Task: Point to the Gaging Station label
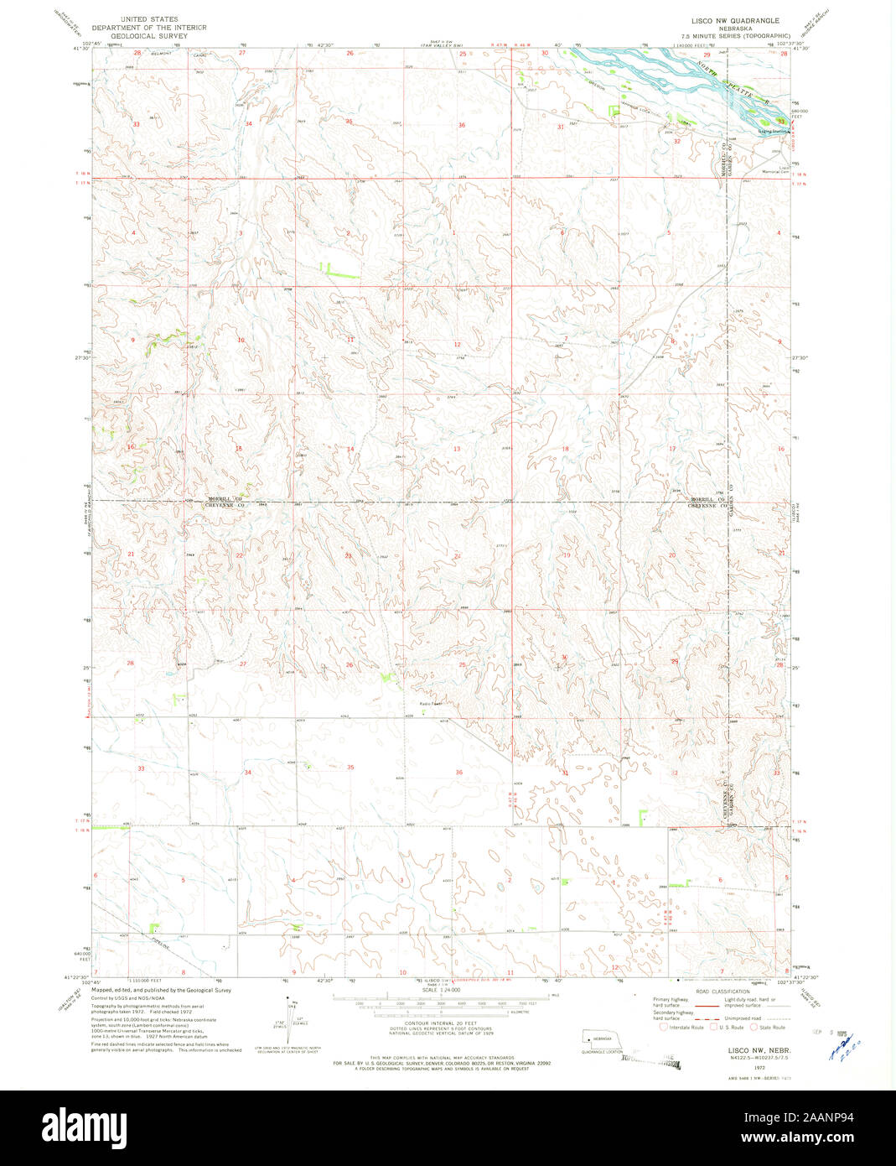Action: (x=774, y=132)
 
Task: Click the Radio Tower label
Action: (x=430, y=704)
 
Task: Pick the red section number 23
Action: (x=348, y=555)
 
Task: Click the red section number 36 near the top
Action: (x=461, y=125)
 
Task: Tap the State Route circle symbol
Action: (x=754, y=1027)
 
